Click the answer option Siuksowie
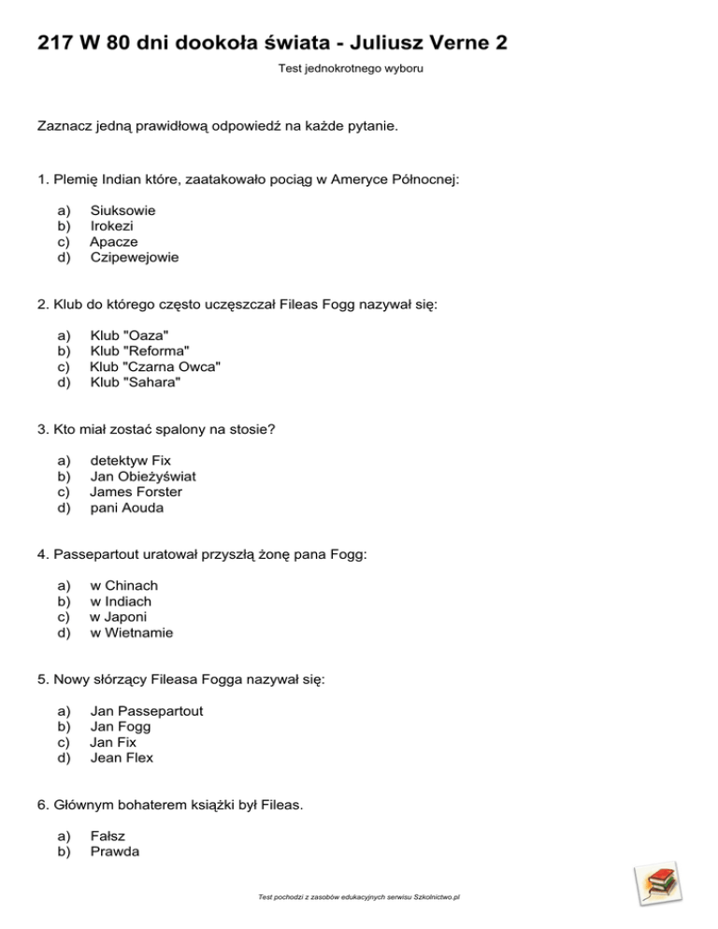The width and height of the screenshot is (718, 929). point(122,210)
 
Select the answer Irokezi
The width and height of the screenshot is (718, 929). point(111,226)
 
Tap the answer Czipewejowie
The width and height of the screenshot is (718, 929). point(135,257)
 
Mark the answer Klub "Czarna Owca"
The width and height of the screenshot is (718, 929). point(155,366)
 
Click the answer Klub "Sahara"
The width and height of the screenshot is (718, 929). point(135,382)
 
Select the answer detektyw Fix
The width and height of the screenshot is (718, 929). point(130,461)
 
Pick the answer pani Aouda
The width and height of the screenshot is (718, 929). point(126,507)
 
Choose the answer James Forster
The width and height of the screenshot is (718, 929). point(136,492)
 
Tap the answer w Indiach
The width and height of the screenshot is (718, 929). point(121,601)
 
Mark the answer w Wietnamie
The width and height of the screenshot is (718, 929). point(131,633)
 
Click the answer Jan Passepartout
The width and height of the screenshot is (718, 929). point(146,710)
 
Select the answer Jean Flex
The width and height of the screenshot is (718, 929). point(122,758)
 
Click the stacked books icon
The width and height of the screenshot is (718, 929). point(657,884)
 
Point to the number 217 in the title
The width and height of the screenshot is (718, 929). point(56,43)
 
